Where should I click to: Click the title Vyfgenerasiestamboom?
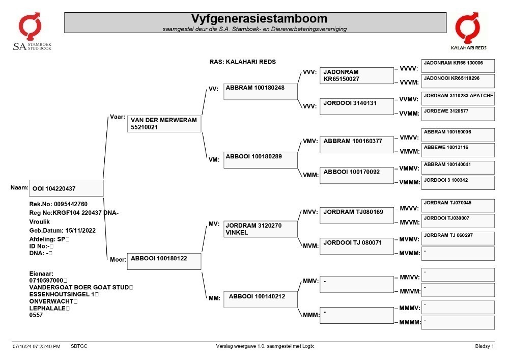pyautogui.click(x=259, y=18)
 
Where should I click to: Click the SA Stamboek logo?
pyautogui.click(x=32, y=32)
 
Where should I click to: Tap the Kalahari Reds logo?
pyautogui.click(x=468, y=31)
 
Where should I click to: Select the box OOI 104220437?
pyautogui.click(x=66, y=188)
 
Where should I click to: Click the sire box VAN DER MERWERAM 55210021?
pyautogui.click(x=164, y=124)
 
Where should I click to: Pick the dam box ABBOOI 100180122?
pyautogui.click(x=164, y=261)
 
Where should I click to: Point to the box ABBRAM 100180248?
pyautogui.click(x=260, y=91)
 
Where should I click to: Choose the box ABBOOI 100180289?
pyautogui.click(x=260, y=160)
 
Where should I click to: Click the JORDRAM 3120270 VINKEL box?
pyautogui.click(x=260, y=229)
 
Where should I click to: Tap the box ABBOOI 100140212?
pyautogui.click(x=260, y=299)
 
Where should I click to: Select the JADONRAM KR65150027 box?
pyautogui.click(x=357, y=76)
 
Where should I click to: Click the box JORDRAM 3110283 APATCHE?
pyautogui.click(x=458, y=98)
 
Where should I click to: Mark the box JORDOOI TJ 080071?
pyautogui.click(x=357, y=246)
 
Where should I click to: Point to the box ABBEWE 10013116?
pyautogui.click(x=458, y=150)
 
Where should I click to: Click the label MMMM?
pyautogui.click(x=410, y=322)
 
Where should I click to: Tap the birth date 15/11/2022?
pyautogui.click(x=80, y=231)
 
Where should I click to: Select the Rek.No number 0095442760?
pyautogui.click(x=71, y=204)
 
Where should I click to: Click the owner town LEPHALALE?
pyautogui.click(x=47, y=309)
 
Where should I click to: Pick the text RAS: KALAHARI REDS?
pyautogui.click(x=242, y=62)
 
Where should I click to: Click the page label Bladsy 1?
pyautogui.click(x=485, y=346)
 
